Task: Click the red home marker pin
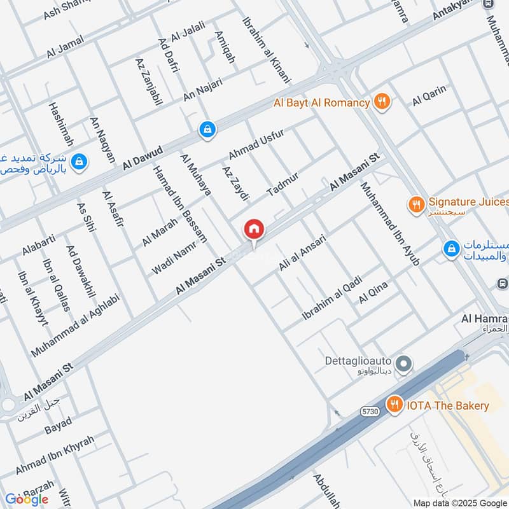[x=254, y=230]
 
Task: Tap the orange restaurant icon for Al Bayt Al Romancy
[x=382, y=102]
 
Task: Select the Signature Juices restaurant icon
[x=415, y=204]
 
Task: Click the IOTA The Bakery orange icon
[x=394, y=405]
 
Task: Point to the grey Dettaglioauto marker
[x=403, y=365]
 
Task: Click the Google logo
[x=26, y=499]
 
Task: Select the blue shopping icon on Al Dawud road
[x=207, y=130]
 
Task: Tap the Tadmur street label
[x=282, y=183]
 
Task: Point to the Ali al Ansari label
[x=302, y=253]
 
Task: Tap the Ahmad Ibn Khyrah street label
[x=55, y=454]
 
